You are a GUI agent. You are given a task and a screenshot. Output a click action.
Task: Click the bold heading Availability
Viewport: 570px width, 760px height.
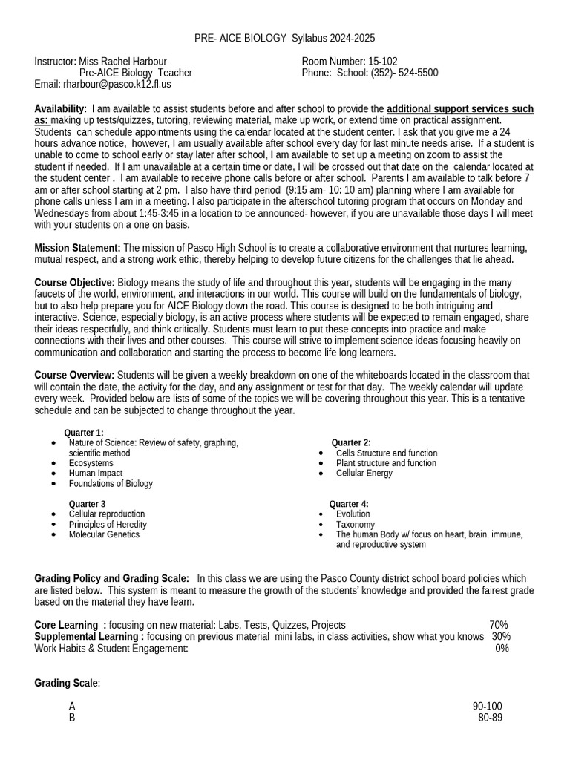60,109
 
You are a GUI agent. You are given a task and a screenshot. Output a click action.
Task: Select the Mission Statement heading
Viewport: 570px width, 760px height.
77,248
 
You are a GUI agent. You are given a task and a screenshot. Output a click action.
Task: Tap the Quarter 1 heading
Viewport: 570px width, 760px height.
84,433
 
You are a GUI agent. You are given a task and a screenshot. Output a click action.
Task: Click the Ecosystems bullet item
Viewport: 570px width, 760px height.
91,463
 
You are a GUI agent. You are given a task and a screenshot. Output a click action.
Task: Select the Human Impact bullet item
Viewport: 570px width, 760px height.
96,473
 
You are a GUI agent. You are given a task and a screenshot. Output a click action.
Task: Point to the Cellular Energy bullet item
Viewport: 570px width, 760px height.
364,473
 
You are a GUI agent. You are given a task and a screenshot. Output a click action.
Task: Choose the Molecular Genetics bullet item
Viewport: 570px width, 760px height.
104,534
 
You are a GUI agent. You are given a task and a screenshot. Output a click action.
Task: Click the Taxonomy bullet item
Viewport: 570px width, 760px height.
355,524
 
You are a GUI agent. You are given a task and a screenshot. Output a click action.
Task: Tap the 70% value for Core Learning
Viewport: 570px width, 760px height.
499,625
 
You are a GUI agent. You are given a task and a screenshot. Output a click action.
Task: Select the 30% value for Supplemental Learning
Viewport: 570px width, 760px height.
501,636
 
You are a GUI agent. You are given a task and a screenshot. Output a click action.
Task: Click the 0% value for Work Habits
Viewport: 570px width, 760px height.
502,648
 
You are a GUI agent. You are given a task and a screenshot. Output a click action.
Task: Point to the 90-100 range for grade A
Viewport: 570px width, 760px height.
487,706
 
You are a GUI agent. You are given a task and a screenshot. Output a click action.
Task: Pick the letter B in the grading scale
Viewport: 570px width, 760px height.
72,718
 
